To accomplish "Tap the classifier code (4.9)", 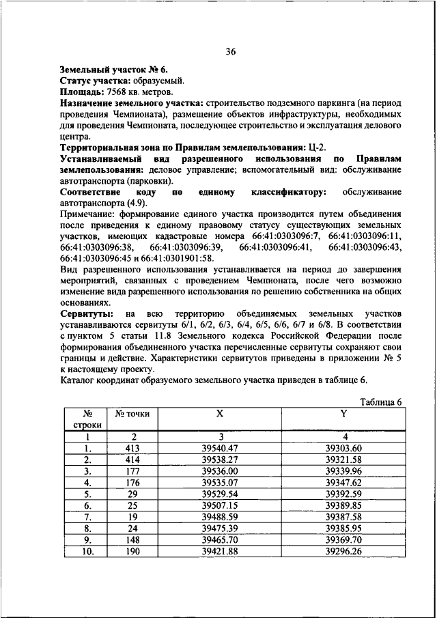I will click(141, 204).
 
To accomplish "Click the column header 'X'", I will click(219, 414).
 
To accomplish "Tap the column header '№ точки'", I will click(132, 414).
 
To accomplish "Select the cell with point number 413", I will click(133, 449).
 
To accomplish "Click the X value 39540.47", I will click(219, 449).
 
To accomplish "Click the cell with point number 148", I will click(133, 539).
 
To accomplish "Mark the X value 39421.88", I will click(219, 550).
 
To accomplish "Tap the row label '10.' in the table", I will click(87, 550).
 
